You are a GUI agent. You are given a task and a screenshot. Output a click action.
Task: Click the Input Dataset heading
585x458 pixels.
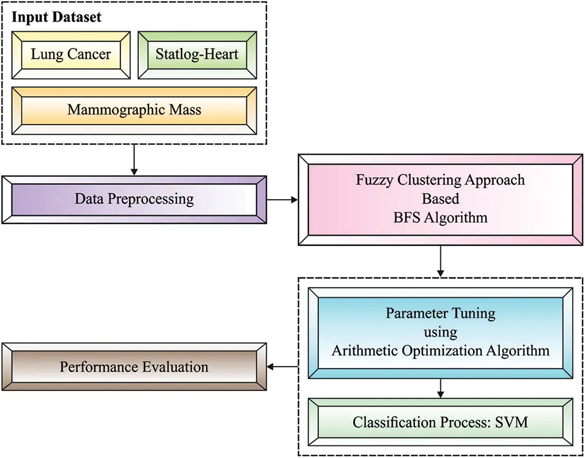[x=57, y=17]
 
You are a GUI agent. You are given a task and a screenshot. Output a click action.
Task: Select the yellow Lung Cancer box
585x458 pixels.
[x=70, y=55]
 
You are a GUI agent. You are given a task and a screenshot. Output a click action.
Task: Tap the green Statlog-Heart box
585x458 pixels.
[x=197, y=55]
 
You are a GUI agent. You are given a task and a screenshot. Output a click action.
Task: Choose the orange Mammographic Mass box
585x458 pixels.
[x=134, y=110]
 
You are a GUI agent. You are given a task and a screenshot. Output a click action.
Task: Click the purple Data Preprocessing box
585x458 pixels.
[x=134, y=200]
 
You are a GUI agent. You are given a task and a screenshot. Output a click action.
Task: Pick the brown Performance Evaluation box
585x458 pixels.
[x=134, y=367]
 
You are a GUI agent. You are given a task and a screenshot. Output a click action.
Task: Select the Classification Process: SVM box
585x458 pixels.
[x=440, y=423]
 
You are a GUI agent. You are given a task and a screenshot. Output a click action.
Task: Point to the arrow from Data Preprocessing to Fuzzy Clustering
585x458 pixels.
[x=282, y=200]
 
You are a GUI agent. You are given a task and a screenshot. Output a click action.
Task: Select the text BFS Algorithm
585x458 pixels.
[x=440, y=217]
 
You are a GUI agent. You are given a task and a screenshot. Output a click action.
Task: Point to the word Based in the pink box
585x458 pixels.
[x=440, y=199]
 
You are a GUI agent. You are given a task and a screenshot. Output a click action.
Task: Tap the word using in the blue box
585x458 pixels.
[x=440, y=332]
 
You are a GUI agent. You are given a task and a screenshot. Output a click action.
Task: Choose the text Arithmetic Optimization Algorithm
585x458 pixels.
[x=440, y=351]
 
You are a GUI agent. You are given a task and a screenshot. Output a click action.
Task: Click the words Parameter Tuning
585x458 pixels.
[x=440, y=313]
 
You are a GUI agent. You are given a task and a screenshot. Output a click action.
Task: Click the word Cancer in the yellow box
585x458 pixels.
[x=89, y=55]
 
